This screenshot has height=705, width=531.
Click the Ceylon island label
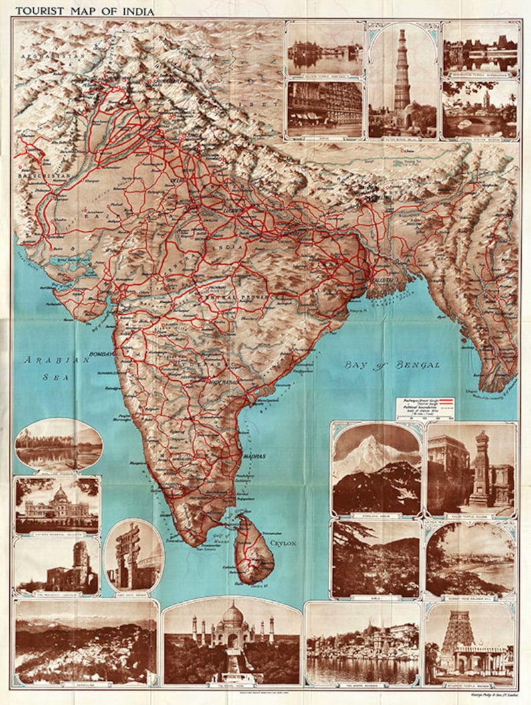(x=282, y=543)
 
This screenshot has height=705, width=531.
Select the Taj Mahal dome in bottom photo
(x=232, y=614)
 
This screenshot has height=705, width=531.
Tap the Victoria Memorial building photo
(x=57, y=505)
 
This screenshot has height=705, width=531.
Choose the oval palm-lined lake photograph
(x=58, y=444)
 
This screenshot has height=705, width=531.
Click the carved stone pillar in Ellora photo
(x=481, y=467)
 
